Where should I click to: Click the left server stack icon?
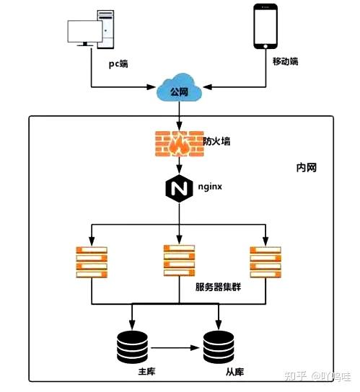pyautogui.click(x=91, y=262)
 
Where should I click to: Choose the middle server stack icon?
pyautogui.click(x=178, y=260)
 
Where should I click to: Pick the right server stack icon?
pyautogui.click(x=266, y=262)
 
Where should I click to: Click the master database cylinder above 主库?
pyautogui.click(x=132, y=347)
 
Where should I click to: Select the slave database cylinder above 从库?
pyautogui.click(x=219, y=347)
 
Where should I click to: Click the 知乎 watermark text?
pyautogui.click(x=296, y=376)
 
